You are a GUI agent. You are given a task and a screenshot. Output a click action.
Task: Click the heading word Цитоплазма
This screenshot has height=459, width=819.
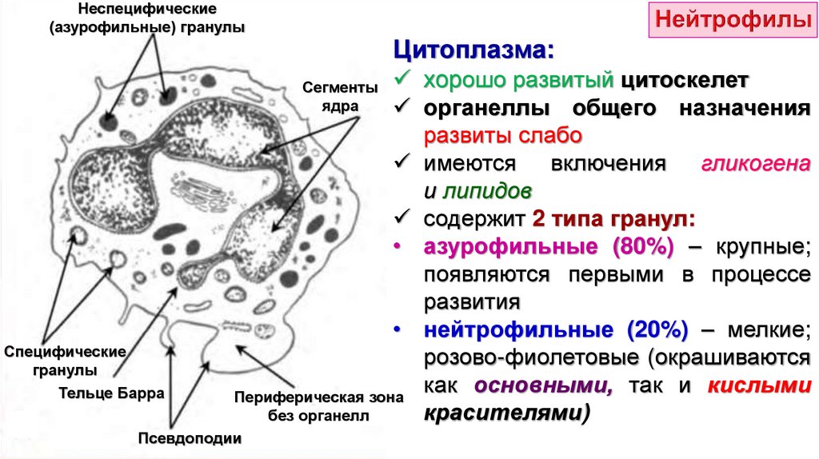coord(472,54)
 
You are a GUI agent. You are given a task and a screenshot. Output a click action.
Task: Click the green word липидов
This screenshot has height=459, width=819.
coord(486,192)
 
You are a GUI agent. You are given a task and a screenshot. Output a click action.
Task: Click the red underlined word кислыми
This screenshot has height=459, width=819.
coord(755,386)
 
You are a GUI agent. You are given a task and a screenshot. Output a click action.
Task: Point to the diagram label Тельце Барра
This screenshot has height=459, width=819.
coord(111,393)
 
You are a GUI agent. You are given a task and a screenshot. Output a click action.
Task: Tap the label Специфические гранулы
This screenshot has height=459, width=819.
coord(66,361)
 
